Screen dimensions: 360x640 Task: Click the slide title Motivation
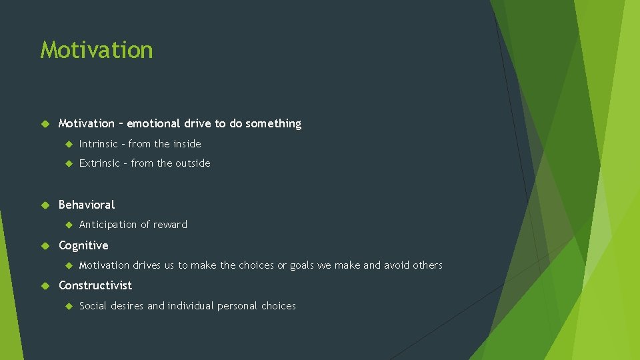pyautogui.click(x=97, y=50)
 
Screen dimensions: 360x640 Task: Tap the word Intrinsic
pyautogui.click(x=99, y=143)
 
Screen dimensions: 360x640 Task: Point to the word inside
pyautogui.click(x=187, y=143)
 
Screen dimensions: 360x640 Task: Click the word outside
pyautogui.click(x=193, y=163)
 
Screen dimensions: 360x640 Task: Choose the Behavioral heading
pyautogui.click(x=87, y=205)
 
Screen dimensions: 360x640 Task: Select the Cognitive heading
pyautogui.click(x=83, y=245)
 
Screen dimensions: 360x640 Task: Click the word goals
pyautogui.click(x=302, y=265)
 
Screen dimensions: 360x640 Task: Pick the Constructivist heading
pyautogui.click(x=95, y=285)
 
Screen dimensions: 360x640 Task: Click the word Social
pyautogui.click(x=93, y=306)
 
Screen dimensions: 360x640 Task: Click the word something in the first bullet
pyautogui.click(x=273, y=123)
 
